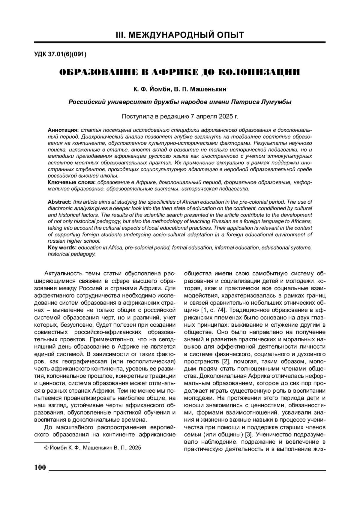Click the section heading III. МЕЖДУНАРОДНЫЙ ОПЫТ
click(180, 35)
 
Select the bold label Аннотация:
click(63, 130)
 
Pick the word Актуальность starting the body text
click(61, 274)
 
